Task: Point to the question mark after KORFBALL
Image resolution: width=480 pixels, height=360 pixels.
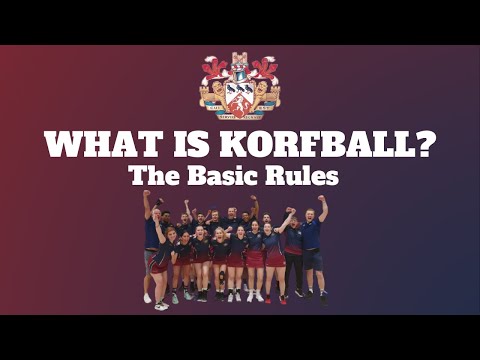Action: coord(423,145)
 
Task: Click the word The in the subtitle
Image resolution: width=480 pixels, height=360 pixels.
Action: coord(152,177)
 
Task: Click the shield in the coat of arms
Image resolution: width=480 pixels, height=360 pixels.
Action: coord(240,97)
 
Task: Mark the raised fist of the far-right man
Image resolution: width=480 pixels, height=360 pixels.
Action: coord(322,199)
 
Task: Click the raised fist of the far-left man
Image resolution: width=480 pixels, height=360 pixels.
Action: coord(147,194)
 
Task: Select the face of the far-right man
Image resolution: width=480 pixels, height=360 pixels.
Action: coord(310,216)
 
